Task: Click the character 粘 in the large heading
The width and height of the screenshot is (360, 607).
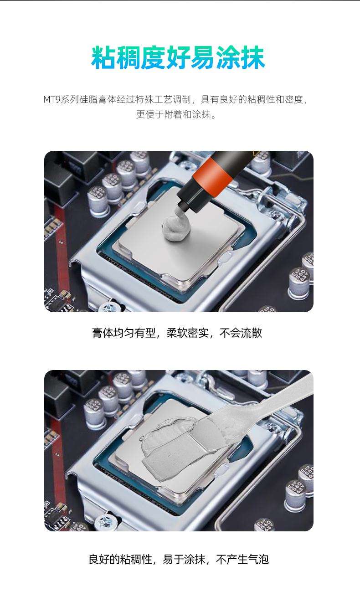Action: pyautogui.click(x=103, y=57)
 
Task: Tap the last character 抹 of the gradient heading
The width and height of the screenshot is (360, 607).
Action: pyautogui.click(x=252, y=57)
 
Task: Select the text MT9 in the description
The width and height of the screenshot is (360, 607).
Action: pyautogui.click(x=51, y=99)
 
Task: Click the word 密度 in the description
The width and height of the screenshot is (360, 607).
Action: pyautogui.click(x=294, y=99)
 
